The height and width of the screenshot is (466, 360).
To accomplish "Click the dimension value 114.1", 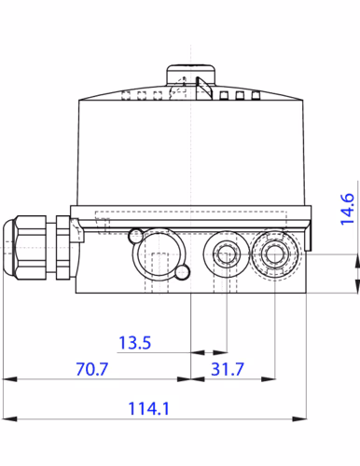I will (x=149, y=407).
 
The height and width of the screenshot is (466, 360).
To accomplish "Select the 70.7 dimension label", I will (x=90, y=369).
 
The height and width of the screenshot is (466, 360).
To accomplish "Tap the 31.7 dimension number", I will (x=227, y=369).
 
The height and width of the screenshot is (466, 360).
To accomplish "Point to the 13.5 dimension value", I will (x=133, y=342).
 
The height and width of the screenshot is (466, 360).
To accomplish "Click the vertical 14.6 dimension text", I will (x=346, y=211).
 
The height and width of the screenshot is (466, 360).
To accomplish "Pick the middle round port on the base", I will (x=224, y=250).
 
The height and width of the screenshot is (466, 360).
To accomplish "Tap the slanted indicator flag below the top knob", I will (x=204, y=90).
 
